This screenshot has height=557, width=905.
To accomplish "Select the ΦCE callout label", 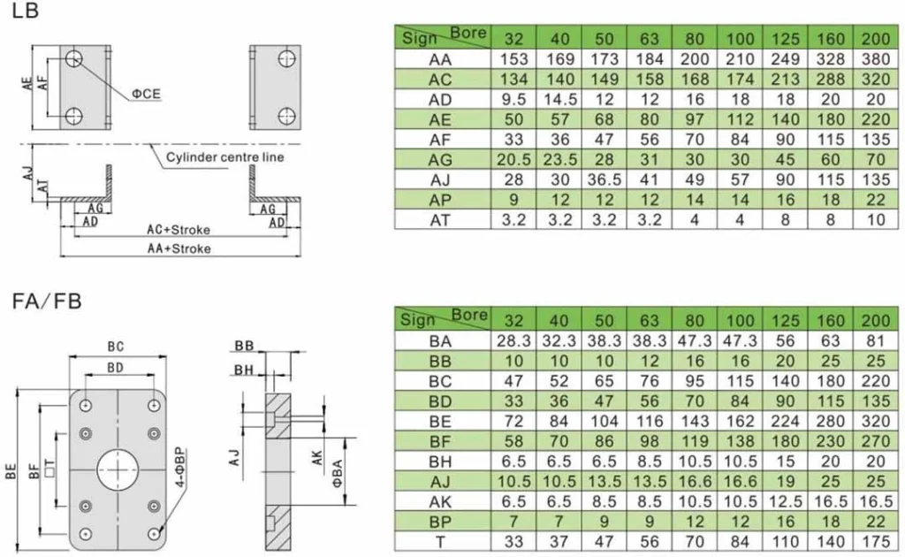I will coord(146,93).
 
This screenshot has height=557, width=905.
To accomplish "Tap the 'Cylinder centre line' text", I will coord(224,157).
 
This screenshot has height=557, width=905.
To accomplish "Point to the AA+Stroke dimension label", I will coord(179,248).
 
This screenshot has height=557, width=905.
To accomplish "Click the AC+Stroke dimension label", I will coord(179,229).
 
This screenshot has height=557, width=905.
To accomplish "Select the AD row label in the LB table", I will coord(440,100).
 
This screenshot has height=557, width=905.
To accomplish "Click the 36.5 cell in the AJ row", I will coord(604,179).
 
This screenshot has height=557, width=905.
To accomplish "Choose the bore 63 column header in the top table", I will coord(649,39).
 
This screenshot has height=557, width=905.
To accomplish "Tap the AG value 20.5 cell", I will coord(514,160).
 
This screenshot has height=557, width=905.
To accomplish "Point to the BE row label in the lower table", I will coord(440,422).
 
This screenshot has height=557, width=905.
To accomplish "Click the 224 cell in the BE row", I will coord(785,422).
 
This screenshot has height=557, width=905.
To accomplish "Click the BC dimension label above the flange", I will coord(116,347).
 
